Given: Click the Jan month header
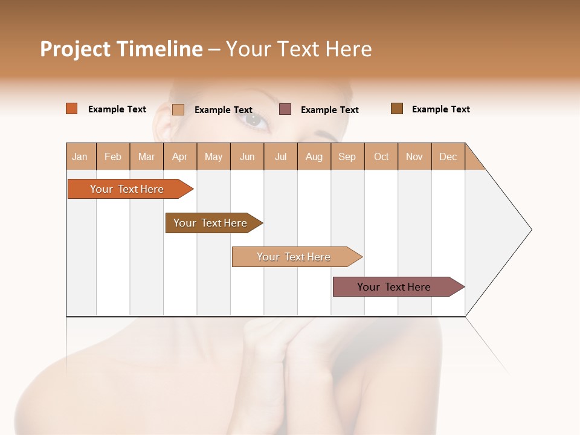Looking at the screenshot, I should (x=80, y=156).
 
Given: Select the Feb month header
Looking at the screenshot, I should (x=113, y=156).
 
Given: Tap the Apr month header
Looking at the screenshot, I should (x=179, y=156).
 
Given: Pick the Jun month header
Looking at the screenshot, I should (x=247, y=156).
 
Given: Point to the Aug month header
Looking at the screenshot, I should (x=314, y=156).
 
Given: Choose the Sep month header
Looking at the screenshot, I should (x=347, y=156).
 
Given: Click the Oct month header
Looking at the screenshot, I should (x=381, y=156).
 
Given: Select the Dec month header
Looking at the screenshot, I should (x=448, y=156).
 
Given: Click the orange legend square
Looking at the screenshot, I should (x=72, y=109).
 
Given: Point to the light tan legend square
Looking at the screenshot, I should (x=178, y=109).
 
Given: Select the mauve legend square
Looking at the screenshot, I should (x=285, y=109).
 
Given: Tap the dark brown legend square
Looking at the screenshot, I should (x=397, y=109).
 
